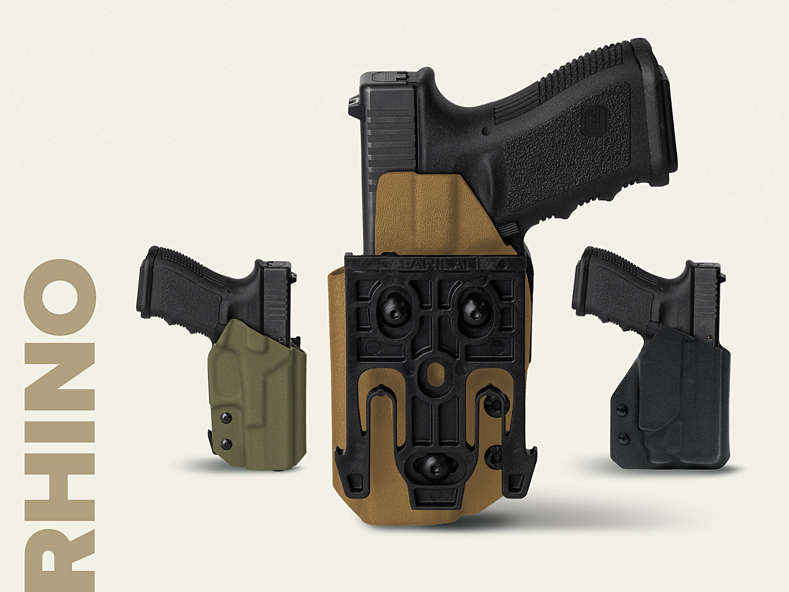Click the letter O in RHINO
[59, 297]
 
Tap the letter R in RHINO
[59, 563]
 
